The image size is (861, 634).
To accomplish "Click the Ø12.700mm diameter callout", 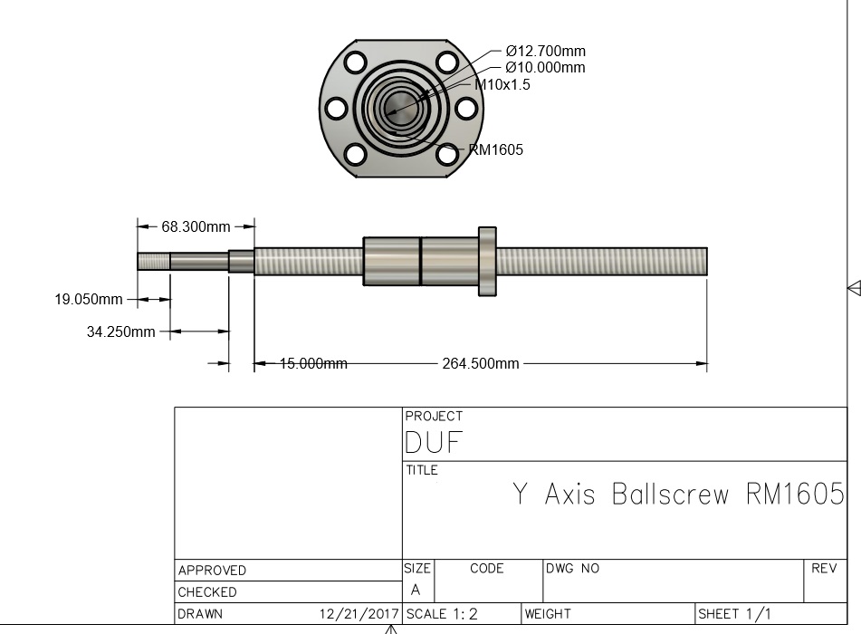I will (x=545, y=52).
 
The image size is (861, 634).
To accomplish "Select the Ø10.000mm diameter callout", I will (x=545, y=68).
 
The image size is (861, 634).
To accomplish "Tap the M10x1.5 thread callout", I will (x=503, y=84).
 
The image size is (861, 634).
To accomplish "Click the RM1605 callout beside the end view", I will (x=495, y=149).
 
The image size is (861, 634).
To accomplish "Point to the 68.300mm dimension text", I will (x=196, y=226).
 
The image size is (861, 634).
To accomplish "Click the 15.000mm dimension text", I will (x=313, y=363).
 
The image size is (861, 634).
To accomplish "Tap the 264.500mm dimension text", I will (x=481, y=363).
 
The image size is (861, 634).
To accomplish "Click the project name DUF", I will (x=434, y=443).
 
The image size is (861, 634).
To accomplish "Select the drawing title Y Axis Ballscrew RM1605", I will (x=678, y=495).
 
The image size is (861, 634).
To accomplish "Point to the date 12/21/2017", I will (x=359, y=614).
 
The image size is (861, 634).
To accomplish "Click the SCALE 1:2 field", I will (x=442, y=614).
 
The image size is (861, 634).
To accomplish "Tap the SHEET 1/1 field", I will (x=734, y=614).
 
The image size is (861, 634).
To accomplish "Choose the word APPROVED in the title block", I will (x=212, y=571).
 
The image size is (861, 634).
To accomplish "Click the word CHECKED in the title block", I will (x=207, y=592).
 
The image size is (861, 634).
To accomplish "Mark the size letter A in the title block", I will (x=416, y=590).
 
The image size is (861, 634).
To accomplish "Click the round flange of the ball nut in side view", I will (x=487, y=261).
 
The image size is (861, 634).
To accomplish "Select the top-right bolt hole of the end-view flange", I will (x=445, y=62).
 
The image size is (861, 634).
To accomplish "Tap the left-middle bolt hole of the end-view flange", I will (x=336, y=109).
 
